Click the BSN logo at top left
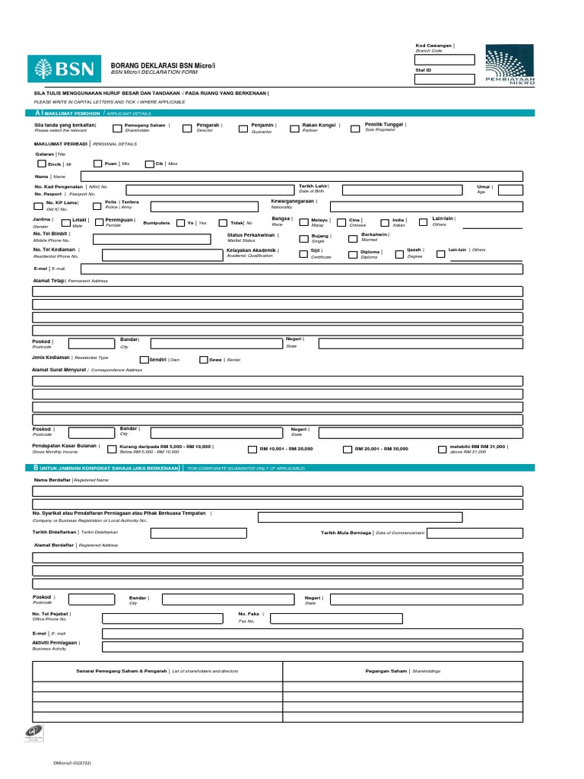coord(65,68)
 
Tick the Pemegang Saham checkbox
coord(117,129)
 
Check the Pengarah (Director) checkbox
coord(187,129)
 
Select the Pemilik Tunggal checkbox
coord(355,129)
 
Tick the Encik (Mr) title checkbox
coord(41,164)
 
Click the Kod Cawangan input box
coord(444,60)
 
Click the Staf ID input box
coord(444,79)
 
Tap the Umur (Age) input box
coord(510,190)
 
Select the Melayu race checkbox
coord(303,223)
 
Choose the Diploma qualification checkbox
coord(353,255)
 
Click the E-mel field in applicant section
coord(301,269)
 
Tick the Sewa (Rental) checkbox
coord(204,360)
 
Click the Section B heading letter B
coord(36,468)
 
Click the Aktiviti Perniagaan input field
coord(312,647)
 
